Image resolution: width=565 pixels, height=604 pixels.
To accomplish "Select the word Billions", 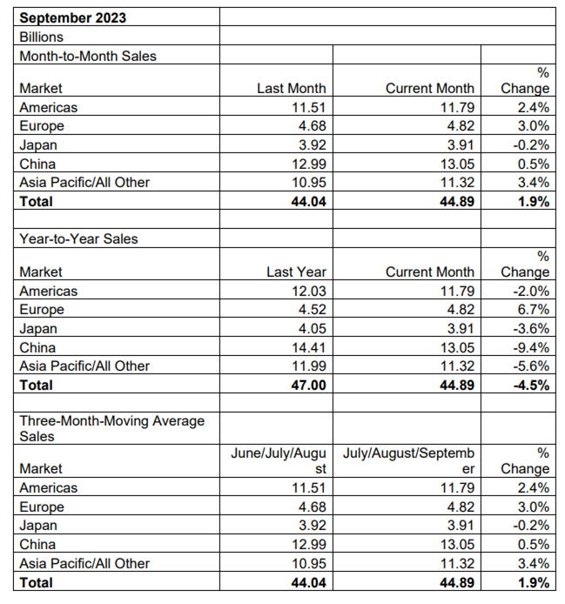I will pos(42,37).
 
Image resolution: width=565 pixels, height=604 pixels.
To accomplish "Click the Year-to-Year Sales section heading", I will pos(78,238).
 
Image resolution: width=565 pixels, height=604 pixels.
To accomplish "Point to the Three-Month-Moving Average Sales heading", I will pos(111,428).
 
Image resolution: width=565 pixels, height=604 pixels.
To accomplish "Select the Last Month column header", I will pos(292,88).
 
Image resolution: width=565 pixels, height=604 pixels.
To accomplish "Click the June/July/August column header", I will pos(279,460).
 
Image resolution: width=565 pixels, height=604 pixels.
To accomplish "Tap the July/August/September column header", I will pos(408,460).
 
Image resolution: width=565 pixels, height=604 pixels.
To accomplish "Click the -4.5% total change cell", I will pos(531,385).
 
